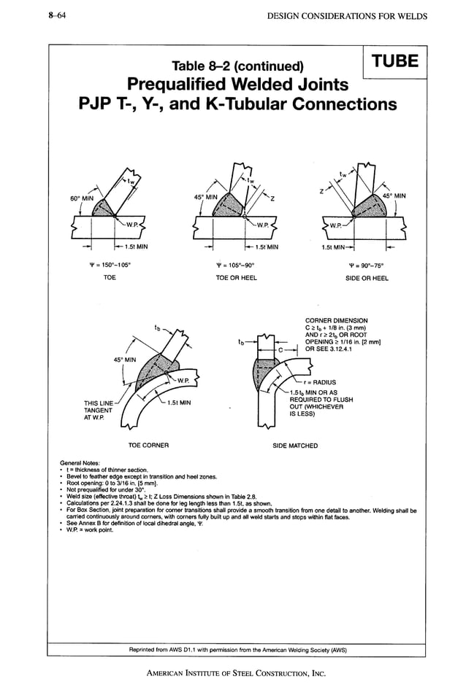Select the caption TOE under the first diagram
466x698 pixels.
(x=110, y=278)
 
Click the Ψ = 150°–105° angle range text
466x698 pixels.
(x=110, y=265)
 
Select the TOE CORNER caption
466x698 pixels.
(x=149, y=445)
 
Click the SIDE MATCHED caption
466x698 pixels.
(x=295, y=445)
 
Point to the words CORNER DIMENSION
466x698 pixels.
(x=337, y=321)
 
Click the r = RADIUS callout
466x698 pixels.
(x=321, y=381)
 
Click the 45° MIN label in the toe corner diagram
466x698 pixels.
(x=124, y=360)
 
